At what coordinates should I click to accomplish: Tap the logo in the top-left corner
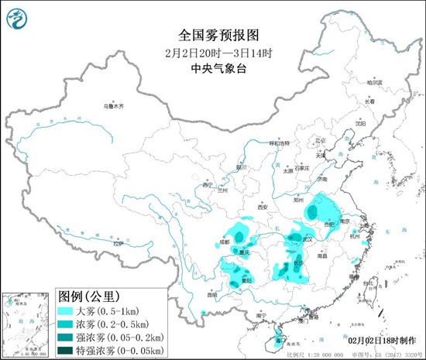[18, 17]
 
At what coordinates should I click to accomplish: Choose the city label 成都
[225, 242]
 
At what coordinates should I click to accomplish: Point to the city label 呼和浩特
[277, 143]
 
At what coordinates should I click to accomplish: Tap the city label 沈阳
[359, 123]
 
